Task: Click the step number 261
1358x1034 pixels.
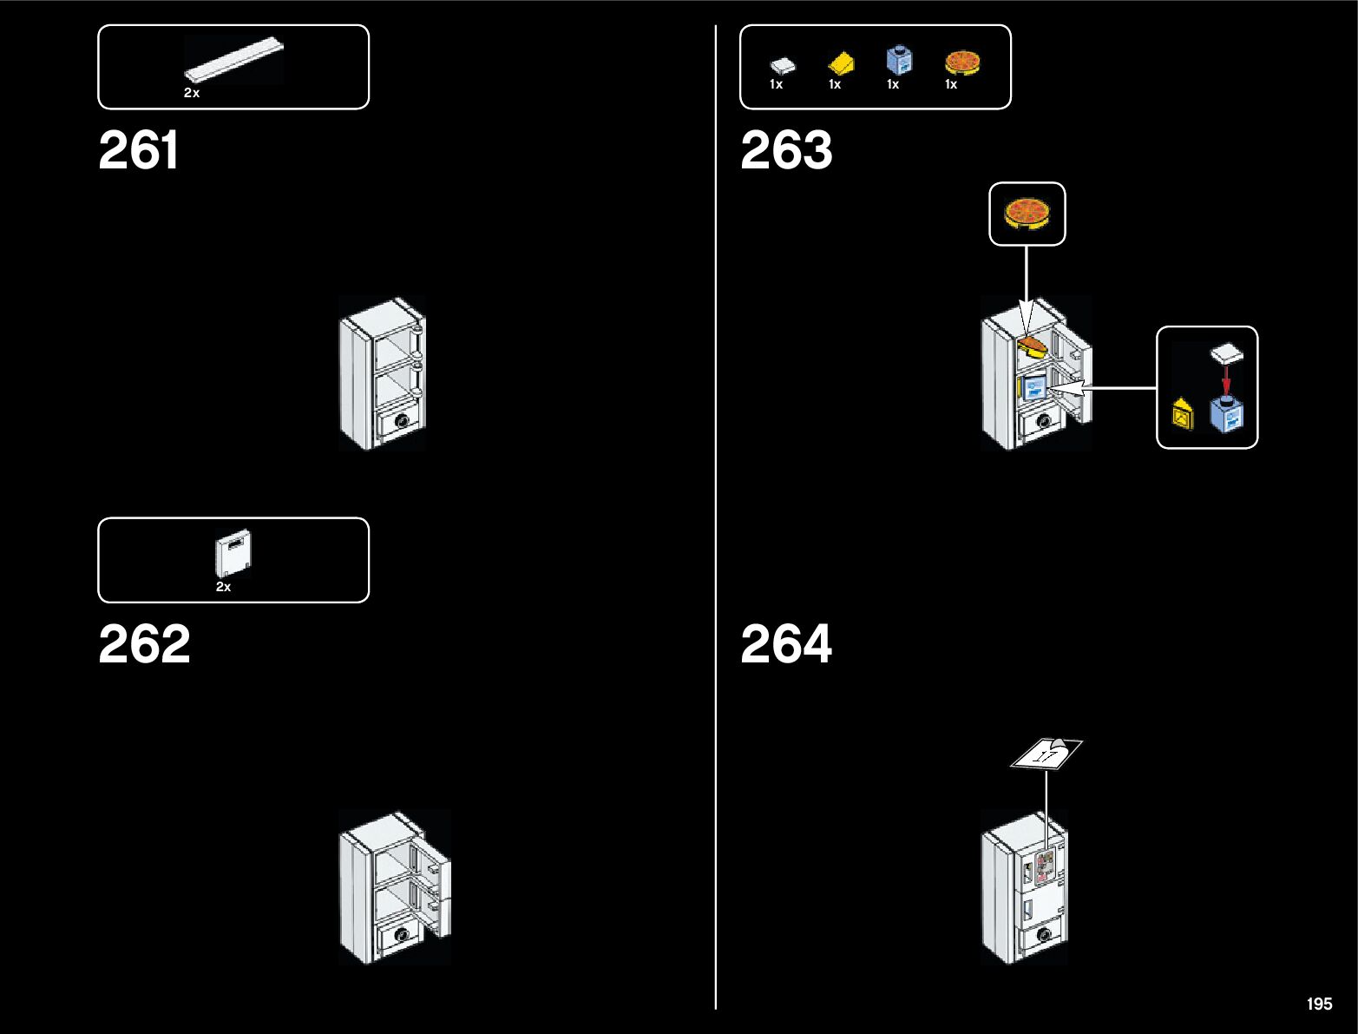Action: [139, 150]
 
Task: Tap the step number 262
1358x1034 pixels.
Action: [144, 644]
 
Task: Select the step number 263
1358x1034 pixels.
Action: [786, 150]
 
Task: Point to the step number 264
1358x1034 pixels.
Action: [786, 644]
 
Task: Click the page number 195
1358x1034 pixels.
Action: [1319, 1004]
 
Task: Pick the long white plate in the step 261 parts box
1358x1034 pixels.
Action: [233, 60]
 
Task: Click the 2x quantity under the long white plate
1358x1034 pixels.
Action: [192, 93]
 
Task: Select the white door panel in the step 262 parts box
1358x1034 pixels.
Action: [233, 553]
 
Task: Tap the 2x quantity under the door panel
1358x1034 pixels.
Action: [223, 587]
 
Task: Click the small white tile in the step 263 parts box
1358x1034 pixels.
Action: [782, 65]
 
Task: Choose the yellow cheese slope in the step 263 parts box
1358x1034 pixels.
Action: [841, 64]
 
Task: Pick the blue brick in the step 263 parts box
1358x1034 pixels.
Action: [899, 61]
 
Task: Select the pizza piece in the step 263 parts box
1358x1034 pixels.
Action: [961, 63]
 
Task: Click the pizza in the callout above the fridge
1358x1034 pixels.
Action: [1027, 214]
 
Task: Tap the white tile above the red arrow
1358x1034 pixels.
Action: [1227, 353]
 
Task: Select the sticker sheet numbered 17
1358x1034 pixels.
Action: [1046, 754]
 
